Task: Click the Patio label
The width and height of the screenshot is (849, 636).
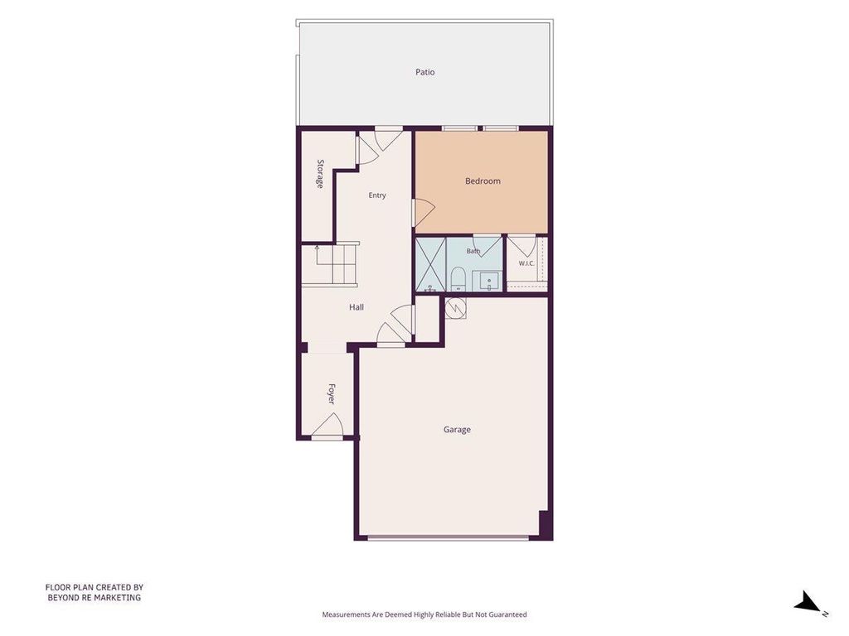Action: pyautogui.click(x=425, y=72)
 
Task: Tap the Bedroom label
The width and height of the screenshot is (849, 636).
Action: pyautogui.click(x=483, y=181)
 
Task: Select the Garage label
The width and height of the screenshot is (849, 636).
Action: pyautogui.click(x=457, y=430)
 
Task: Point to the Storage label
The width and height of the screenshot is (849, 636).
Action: pyautogui.click(x=320, y=174)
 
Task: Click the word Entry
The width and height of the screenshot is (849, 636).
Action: pyautogui.click(x=377, y=195)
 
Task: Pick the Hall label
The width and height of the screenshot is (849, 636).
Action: pyautogui.click(x=357, y=307)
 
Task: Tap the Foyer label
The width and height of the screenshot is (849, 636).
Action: pyautogui.click(x=332, y=393)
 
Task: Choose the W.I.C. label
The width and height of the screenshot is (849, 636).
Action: pyautogui.click(x=526, y=263)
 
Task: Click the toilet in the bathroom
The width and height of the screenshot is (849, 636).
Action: pyautogui.click(x=458, y=278)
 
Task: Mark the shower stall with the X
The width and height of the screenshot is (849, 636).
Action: pyautogui.click(x=430, y=265)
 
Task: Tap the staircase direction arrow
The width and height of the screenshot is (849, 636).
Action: pyautogui.click(x=318, y=258)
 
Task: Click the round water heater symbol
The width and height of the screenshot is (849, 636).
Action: pyautogui.click(x=455, y=310)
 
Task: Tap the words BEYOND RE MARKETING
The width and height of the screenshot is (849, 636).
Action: pyautogui.click(x=95, y=598)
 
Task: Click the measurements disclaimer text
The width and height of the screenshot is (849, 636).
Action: pyautogui.click(x=424, y=614)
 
